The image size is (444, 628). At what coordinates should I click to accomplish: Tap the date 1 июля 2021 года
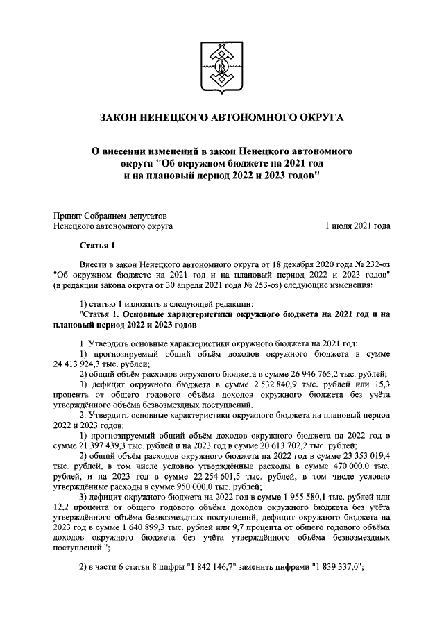tap(357, 226)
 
